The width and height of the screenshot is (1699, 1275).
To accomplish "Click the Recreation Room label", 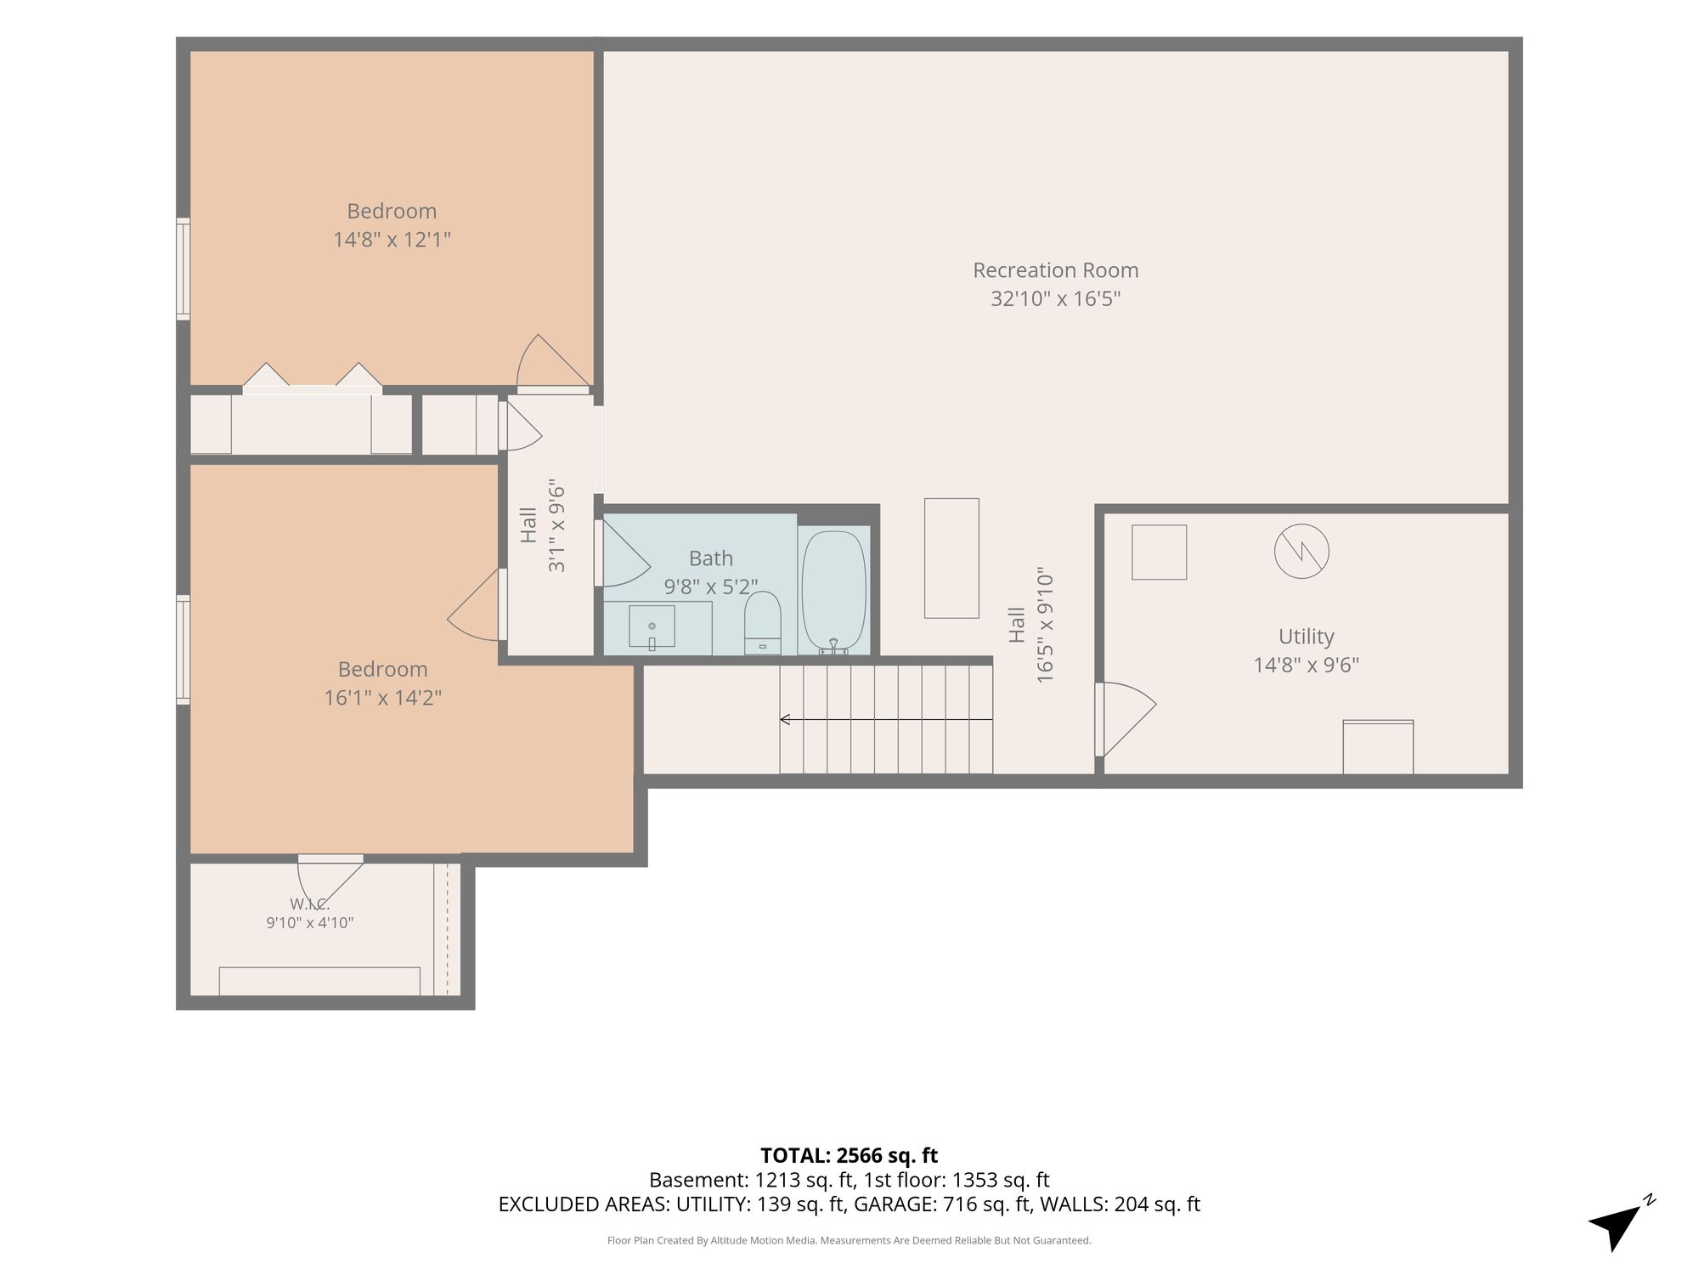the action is coord(1055,270).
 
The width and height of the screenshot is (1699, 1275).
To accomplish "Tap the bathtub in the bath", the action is coord(833,592).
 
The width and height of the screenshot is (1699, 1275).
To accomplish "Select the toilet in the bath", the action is coord(762,622).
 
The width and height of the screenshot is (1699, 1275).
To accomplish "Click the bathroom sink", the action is coord(652,626).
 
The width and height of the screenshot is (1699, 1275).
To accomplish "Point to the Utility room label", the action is coord(1306,637).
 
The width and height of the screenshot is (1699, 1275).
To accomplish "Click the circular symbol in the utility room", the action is coord(1301,551).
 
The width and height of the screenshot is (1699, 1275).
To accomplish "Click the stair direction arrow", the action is coord(886,720).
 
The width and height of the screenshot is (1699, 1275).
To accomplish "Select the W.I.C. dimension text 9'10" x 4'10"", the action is coord(309,922).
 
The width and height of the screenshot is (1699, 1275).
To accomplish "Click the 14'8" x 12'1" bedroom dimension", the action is coord(392,240).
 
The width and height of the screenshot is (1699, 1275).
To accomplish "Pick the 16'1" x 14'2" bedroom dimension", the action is coord(383,698).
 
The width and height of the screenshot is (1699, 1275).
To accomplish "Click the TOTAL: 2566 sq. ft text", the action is coord(849,1155).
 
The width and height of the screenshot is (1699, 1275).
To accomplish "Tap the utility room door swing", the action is coord(1126,719).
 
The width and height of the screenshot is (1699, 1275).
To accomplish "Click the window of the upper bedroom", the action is coord(183,269).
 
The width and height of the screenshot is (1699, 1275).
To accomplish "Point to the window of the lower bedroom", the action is coord(183,649).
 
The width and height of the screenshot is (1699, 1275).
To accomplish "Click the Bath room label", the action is coord(710,558).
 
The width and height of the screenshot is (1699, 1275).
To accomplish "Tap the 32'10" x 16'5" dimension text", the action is coord(1055,299).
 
